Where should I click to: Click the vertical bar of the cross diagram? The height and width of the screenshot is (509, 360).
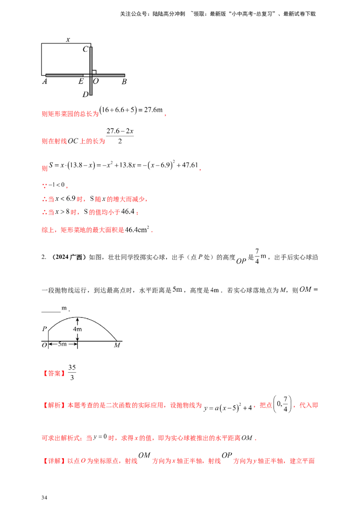[x=92, y=58]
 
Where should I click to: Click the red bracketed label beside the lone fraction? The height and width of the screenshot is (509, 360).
[x=54, y=373]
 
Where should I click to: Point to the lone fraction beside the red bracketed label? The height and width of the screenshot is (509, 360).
[x=73, y=372]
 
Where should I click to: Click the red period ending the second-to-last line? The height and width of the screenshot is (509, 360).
[x=257, y=438]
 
